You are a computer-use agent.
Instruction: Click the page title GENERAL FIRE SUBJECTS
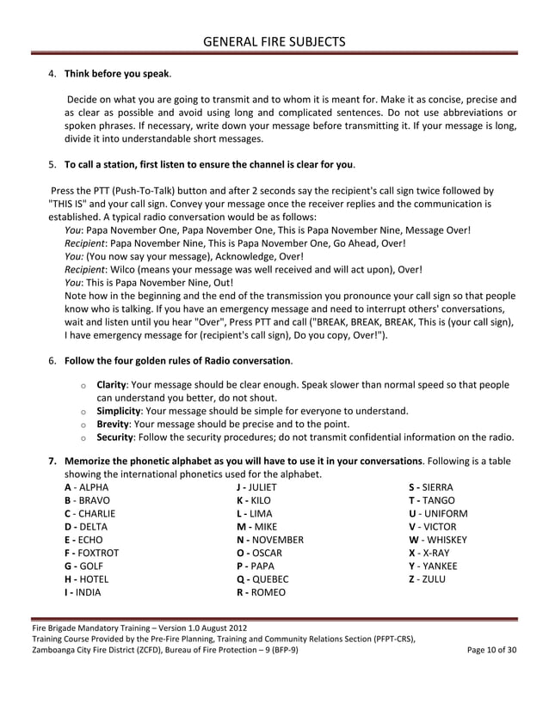pos(274,41)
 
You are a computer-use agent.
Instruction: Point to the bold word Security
pos(116,437)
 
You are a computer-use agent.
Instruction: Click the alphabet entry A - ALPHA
pos(87,487)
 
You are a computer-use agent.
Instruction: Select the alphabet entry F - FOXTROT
pos(92,553)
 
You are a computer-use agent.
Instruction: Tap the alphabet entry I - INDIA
pos(83,592)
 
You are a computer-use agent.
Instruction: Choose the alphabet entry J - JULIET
pos(256,487)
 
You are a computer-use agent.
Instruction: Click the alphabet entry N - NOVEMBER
pos(269,540)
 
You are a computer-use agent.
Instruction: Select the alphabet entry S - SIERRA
pos(431,487)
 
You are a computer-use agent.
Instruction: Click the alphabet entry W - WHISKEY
pos(438,540)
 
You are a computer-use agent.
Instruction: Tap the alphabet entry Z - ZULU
pos(427,579)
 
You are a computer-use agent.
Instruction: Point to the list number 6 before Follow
pos(52,359)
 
